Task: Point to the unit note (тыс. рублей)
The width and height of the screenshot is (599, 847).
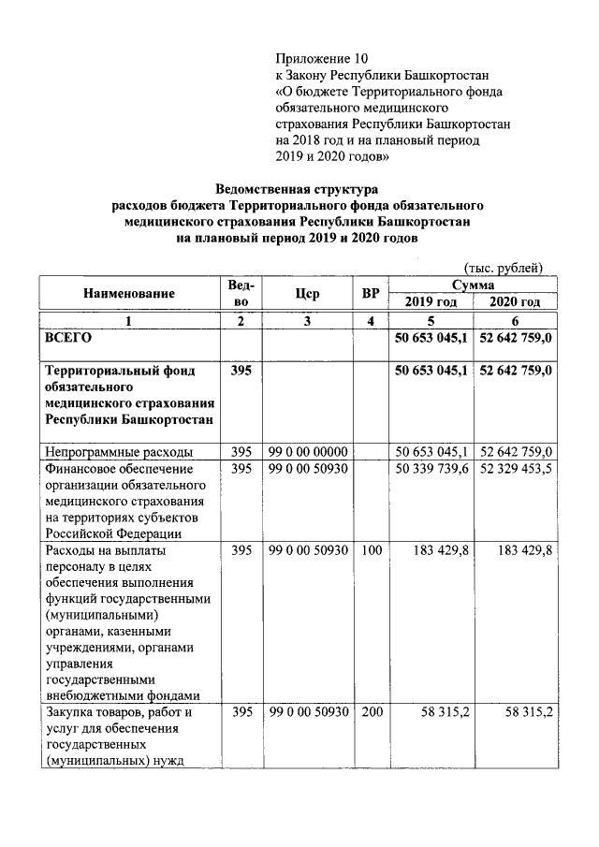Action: [504, 267]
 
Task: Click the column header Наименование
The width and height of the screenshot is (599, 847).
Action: [129, 293]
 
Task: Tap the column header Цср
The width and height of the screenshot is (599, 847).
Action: [307, 293]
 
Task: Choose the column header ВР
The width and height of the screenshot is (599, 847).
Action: [371, 293]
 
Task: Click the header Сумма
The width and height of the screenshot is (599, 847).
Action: [473, 284]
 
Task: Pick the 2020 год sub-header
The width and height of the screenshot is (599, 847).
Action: [516, 301]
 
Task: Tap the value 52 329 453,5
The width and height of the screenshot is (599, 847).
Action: [516, 468]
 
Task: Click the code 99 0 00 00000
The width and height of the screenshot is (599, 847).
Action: [308, 450]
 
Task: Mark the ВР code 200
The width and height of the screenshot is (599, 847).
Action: [371, 712]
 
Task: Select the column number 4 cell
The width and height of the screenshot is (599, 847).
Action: [371, 321]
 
